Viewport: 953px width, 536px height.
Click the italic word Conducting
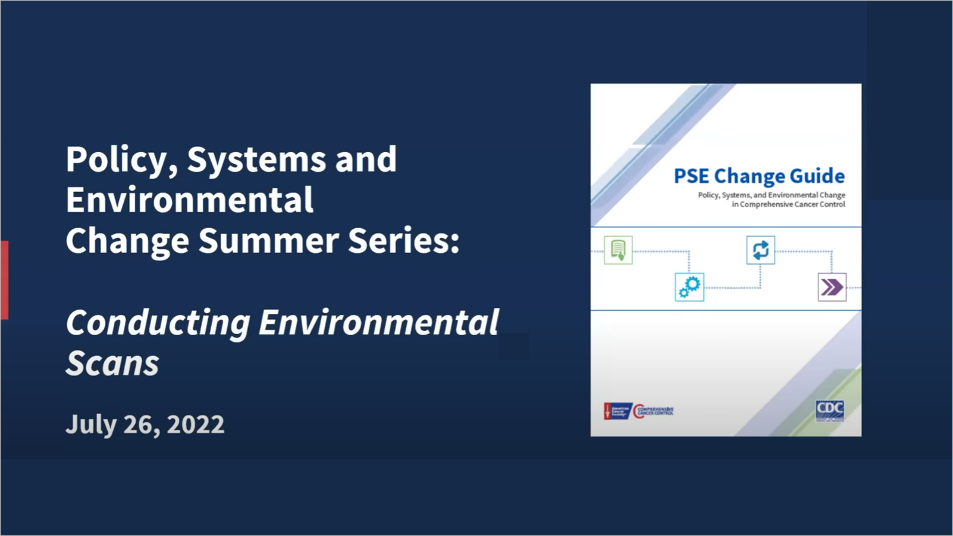point(158,323)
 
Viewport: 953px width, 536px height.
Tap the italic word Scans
point(112,363)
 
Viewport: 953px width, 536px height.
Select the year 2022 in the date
point(195,424)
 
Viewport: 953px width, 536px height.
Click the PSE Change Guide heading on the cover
point(758,176)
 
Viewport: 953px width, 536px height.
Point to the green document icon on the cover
point(618,250)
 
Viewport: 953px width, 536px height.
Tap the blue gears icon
point(689,287)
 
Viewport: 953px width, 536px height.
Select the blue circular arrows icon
point(760,250)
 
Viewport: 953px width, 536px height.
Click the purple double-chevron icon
point(832,287)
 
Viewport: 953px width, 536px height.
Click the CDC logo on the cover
point(829,409)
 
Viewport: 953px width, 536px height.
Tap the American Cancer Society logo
point(617,411)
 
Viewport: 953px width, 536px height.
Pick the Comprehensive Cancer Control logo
point(653,411)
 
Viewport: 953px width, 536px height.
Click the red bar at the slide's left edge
point(4,280)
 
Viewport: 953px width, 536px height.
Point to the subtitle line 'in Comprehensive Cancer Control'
point(788,204)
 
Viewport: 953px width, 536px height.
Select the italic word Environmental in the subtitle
point(378,323)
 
